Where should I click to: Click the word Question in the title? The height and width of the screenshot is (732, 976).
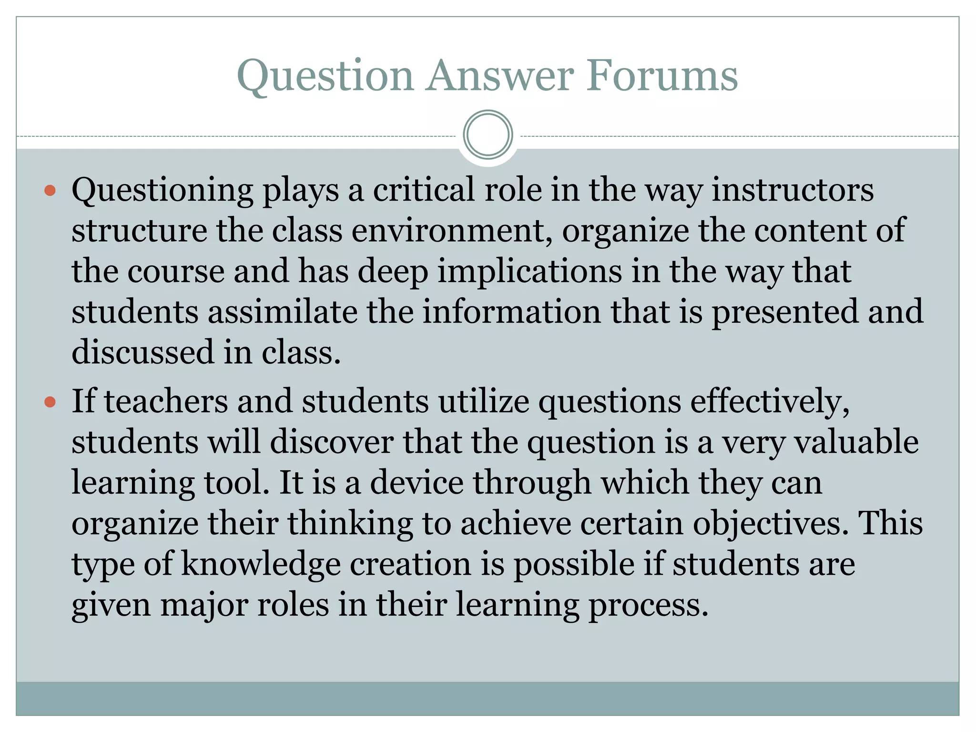coord(325,76)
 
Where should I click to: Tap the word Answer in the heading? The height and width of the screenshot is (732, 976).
coord(500,76)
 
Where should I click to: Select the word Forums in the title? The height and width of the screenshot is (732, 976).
coord(662,76)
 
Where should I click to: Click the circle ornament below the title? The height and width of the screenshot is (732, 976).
coord(488,135)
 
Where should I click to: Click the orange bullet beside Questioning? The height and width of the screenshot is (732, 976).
coord(50,191)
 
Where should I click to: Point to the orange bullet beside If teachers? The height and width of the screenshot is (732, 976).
coord(50,402)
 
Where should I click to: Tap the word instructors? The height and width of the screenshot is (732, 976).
coord(793,190)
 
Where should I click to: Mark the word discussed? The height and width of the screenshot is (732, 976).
coord(142,352)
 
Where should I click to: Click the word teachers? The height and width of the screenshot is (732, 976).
coord(166,401)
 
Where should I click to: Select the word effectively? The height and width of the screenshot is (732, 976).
coord(770,401)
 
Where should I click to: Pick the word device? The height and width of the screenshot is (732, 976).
coord(417,483)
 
